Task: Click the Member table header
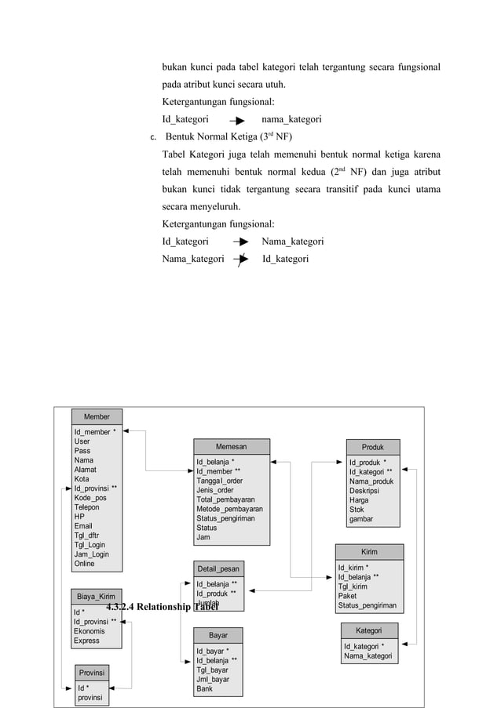pos(97,416)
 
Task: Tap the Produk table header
pos(373,447)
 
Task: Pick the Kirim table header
pos(368,552)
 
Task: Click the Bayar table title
pos(218,634)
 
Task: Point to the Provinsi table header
pos(91,673)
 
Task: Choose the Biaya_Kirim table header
pos(96,597)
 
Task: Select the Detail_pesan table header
pos(218,568)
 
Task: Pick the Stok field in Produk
pos(357,510)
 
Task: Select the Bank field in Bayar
pos(204,688)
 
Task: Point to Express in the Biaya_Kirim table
pos(86,641)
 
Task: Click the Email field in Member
pos(83,526)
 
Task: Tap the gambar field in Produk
pos(361,519)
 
